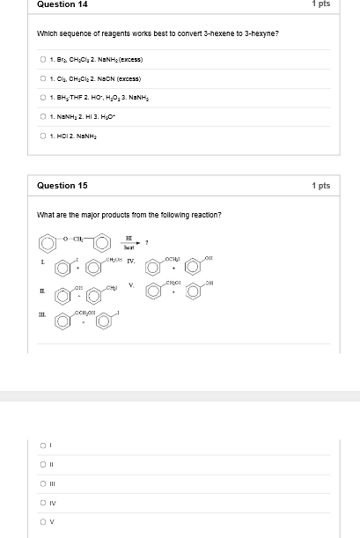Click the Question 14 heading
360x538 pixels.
pyautogui.click(x=62, y=4)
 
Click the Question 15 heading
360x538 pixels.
pyautogui.click(x=62, y=186)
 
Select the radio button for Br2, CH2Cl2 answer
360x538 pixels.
pyautogui.click(x=43, y=60)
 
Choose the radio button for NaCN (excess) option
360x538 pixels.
pyautogui.click(x=43, y=78)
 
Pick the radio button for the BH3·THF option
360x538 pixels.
pyautogui.click(x=43, y=97)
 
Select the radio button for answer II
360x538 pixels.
pyautogui.click(x=43, y=464)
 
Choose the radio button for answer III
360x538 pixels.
pyautogui.click(x=43, y=483)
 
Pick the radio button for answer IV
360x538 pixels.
pyautogui.click(x=43, y=502)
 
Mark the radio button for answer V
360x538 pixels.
pyautogui.click(x=43, y=521)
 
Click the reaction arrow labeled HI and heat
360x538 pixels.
pyautogui.click(x=129, y=243)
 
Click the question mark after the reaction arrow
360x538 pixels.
pyautogui.click(x=147, y=242)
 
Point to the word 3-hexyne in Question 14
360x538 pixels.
pyautogui.click(x=263, y=33)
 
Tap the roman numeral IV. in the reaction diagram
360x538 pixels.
pyautogui.click(x=130, y=262)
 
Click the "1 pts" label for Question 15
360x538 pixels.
pyautogui.click(x=320, y=186)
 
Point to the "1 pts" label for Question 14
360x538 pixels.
pyautogui.click(x=320, y=4)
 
